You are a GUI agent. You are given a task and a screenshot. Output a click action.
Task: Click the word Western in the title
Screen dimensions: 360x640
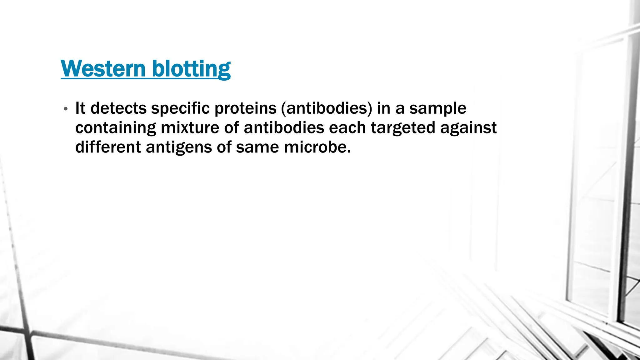(x=103, y=68)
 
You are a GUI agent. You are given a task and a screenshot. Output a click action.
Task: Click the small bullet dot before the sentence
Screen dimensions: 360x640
(x=65, y=109)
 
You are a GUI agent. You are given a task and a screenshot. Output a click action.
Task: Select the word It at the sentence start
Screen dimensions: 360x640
(x=80, y=108)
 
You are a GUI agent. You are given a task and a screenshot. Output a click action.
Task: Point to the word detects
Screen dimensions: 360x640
(x=118, y=108)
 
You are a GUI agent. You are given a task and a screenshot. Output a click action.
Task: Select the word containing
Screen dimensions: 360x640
(x=116, y=128)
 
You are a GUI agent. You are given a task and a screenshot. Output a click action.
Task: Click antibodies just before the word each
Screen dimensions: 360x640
(x=284, y=127)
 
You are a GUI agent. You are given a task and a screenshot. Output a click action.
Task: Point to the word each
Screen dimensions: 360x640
(x=347, y=127)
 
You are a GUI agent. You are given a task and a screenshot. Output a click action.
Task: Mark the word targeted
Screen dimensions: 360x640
(x=403, y=128)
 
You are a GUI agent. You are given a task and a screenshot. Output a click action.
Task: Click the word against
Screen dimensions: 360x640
(x=468, y=128)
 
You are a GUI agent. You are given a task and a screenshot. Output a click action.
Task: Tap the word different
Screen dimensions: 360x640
(x=108, y=147)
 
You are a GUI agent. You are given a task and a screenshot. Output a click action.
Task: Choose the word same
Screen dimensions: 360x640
(x=257, y=147)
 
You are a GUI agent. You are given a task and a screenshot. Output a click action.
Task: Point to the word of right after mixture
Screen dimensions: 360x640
(x=232, y=127)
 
